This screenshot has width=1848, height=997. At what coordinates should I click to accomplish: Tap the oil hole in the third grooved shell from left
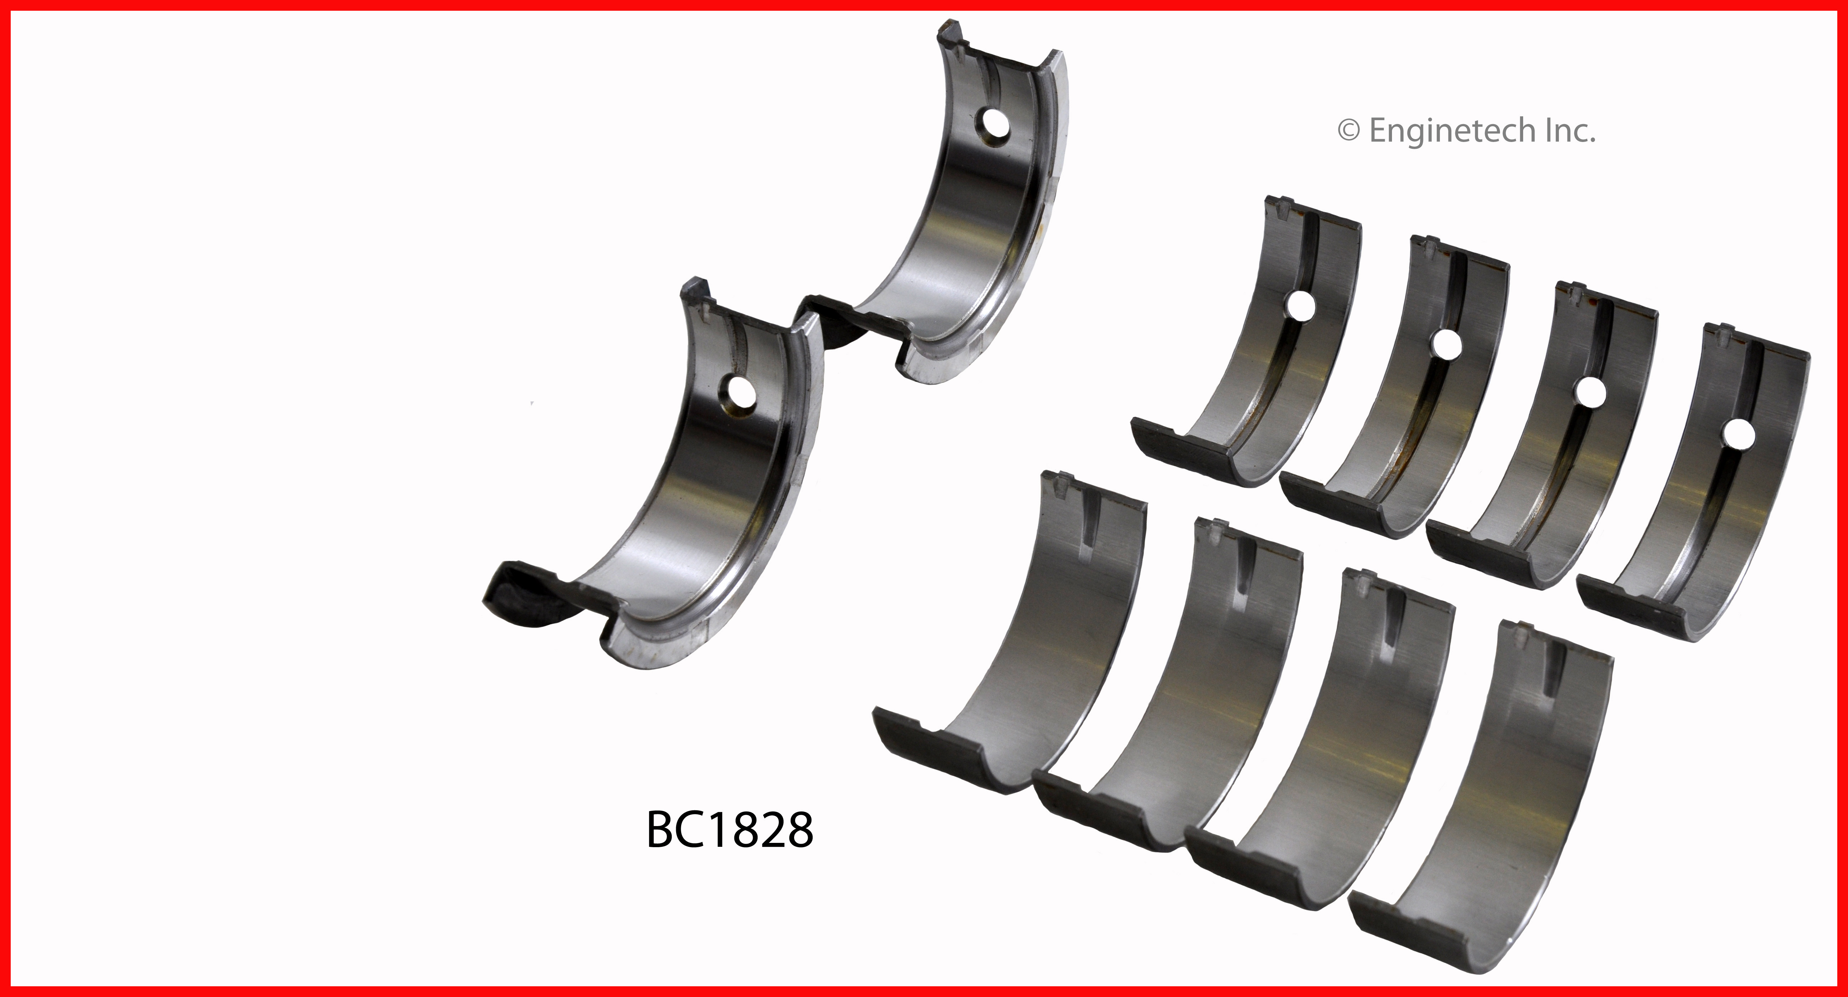tap(1589, 392)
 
